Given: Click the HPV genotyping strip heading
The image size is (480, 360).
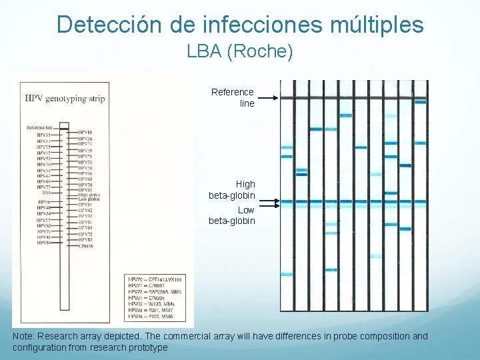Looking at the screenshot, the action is [x=65, y=99].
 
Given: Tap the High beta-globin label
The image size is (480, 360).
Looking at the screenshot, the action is [x=232, y=190].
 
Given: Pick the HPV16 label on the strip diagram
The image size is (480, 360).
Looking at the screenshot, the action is [x=85, y=133].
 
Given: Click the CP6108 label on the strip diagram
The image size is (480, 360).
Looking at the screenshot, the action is [x=87, y=246].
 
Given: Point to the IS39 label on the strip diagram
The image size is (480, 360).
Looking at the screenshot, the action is [x=44, y=193].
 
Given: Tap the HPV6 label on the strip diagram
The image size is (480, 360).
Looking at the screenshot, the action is [x=44, y=201].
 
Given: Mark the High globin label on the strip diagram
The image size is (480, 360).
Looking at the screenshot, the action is [x=89, y=194].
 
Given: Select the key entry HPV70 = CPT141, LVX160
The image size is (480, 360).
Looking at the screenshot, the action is [x=155, y=278].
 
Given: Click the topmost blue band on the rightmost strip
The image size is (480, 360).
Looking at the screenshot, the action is [x=420, y=102].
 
